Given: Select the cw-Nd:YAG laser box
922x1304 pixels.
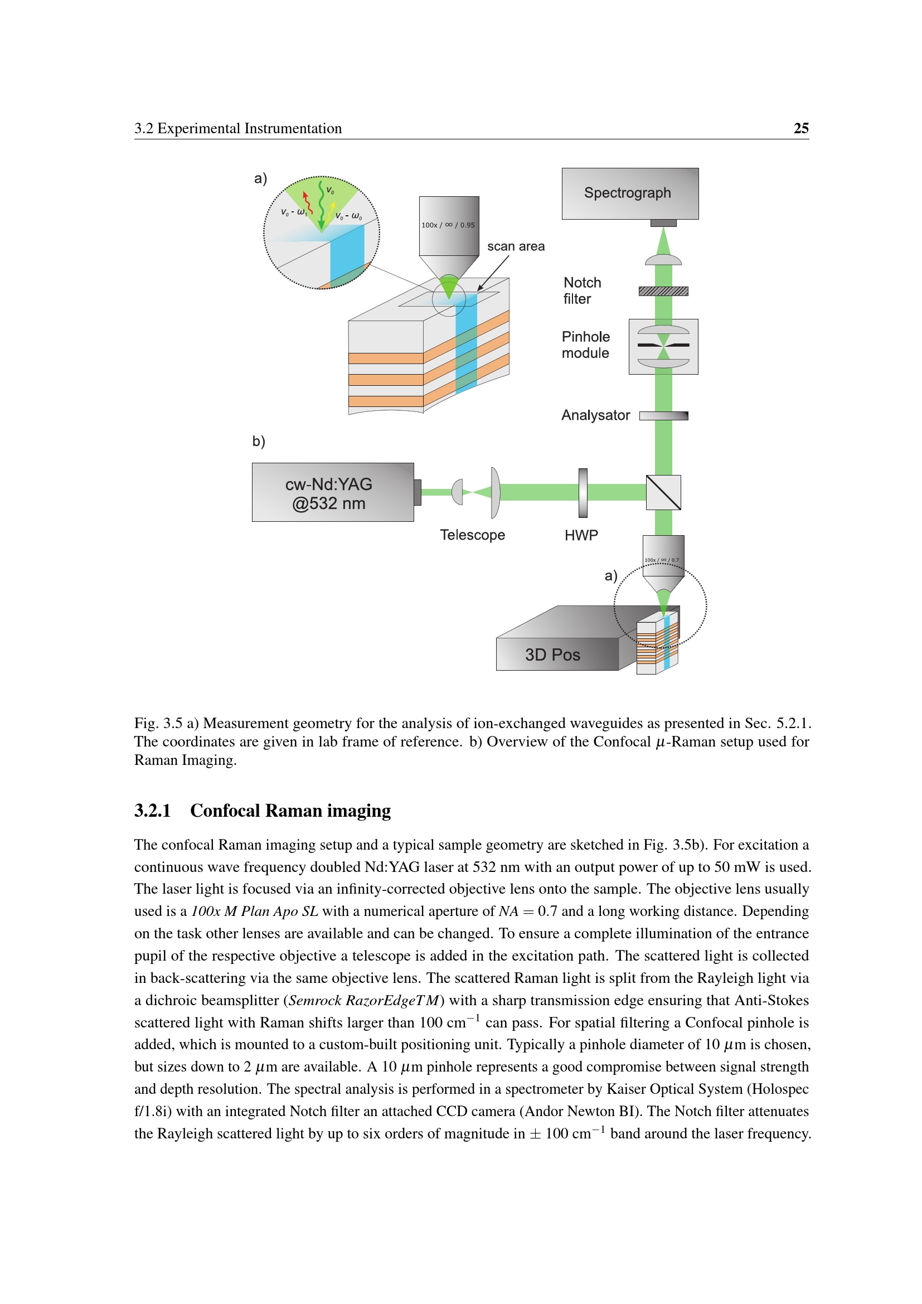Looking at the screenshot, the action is click(333, 492).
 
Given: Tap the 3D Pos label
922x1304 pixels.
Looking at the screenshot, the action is click(552, 655).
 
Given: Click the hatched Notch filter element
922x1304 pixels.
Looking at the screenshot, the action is click(663, 292).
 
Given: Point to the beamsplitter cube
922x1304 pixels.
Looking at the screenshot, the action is click(664, 492).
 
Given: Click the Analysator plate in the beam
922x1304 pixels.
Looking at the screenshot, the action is click(664, 416).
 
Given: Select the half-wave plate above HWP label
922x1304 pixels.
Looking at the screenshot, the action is click(583, 493).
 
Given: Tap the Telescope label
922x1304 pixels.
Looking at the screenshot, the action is click(472, 535).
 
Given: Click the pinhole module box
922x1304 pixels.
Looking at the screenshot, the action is click(664, 346).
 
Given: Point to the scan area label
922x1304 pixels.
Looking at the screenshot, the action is click(516, 246).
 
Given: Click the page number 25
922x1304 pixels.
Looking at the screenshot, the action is click(801, 128).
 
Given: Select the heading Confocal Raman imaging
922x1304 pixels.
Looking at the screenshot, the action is click(290, 811).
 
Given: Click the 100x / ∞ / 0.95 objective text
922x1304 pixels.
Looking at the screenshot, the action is click(448, 225).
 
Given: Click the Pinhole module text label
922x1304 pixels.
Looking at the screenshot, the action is click(586, 345).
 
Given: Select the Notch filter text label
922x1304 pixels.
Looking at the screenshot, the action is click(583, 291).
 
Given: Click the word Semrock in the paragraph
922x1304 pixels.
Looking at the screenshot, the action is click(314, 1000).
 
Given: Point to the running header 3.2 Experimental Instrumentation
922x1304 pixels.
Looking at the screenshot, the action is click(238, 128).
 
